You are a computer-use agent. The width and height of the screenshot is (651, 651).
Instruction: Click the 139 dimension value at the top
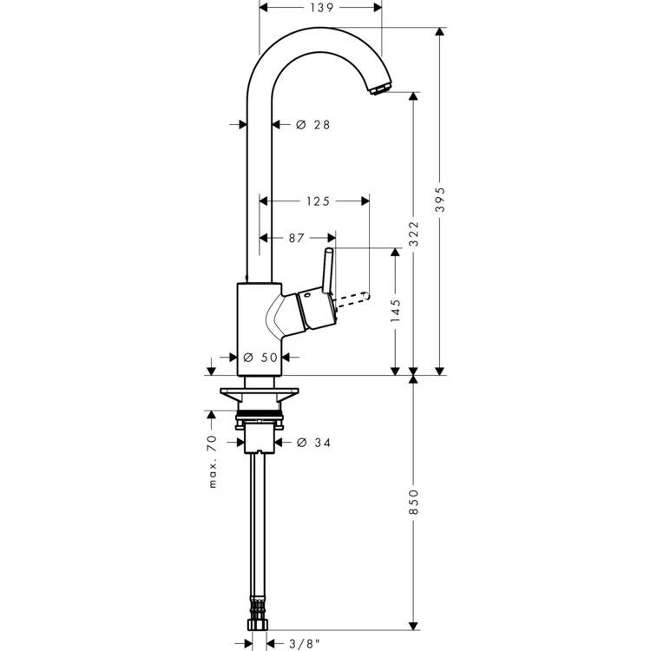click(x=321, y=8)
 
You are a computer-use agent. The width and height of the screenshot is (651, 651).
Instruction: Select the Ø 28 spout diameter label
click(x=313, y=125)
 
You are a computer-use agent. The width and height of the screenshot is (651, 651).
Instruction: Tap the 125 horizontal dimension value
click(x=317, y=201)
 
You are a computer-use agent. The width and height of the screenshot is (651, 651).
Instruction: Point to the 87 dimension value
click(x=296, y=237)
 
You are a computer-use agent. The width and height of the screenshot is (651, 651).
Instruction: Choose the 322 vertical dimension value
click(x=413, y=234)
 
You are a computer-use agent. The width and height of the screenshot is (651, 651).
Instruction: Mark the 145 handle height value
click(x=396, y=312)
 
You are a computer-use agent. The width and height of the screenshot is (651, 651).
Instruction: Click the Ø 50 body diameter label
click(x=260, y=357)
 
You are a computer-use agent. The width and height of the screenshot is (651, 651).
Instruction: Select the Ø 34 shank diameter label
click(x=313, y=443)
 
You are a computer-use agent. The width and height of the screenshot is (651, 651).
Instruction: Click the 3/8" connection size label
click(x=298, y=643)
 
